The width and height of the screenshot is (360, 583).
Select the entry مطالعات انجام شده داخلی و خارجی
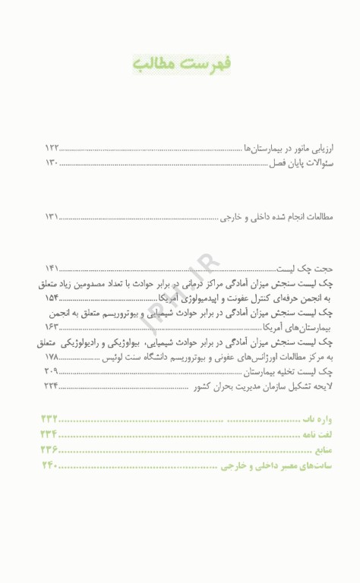[x=276, y=216]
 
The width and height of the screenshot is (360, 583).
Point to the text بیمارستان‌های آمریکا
[x=298, y=326]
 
